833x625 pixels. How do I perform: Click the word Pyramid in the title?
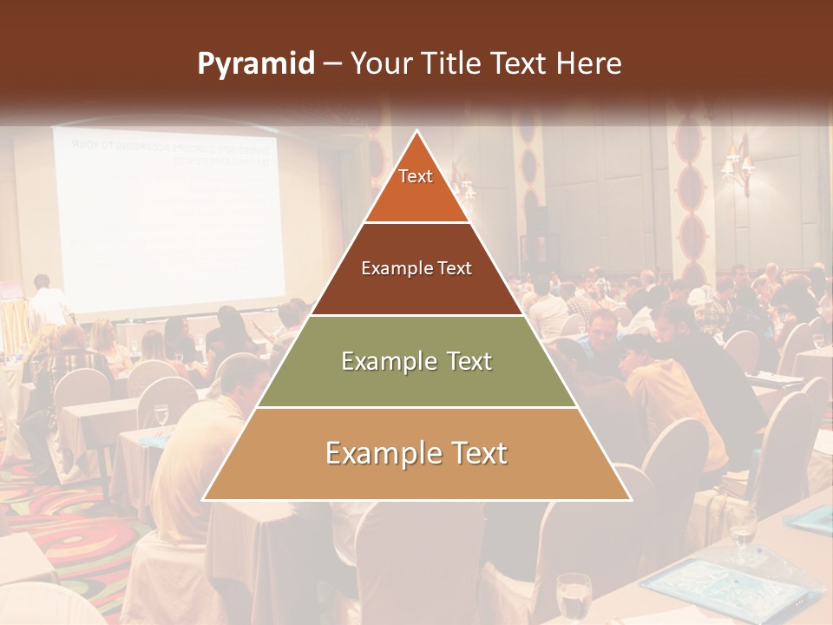pos(255,64)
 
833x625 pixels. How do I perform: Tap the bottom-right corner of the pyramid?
pos(629,499)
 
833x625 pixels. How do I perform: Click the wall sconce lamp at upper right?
pos(737,165)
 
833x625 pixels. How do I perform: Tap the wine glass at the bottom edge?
pos(573,599)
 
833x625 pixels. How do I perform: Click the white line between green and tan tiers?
pos(416,407)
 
